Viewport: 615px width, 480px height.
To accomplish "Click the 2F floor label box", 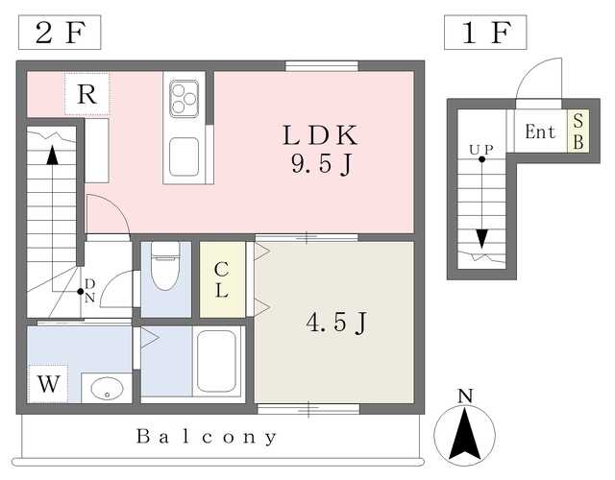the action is [60, 33].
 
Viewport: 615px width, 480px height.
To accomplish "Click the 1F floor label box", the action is [485, 33].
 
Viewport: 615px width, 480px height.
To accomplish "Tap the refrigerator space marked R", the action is [86, 94].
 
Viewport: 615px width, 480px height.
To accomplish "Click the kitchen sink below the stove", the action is [184, 156].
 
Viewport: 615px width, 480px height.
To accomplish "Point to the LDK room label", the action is [320, 135].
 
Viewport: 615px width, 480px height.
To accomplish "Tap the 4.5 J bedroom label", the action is [336, 323].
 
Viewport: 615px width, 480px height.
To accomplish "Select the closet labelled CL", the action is [223, 279].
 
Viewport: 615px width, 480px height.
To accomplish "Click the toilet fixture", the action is [166, 266].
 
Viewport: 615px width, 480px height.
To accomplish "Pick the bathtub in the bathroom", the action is [216, 361].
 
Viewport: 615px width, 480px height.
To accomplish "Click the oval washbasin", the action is [107, 388].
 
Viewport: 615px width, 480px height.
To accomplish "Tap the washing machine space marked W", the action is [48, 384].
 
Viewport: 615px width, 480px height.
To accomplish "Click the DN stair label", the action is [89, 290].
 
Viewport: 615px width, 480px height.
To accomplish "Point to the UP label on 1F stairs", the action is [481, 150].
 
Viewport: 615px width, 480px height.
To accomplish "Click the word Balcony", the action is [207, 437].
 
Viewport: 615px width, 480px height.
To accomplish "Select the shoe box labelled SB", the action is [578, 132].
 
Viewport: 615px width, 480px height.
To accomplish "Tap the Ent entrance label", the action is [540, 132].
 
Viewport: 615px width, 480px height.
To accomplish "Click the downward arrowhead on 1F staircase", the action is [481, 239].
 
